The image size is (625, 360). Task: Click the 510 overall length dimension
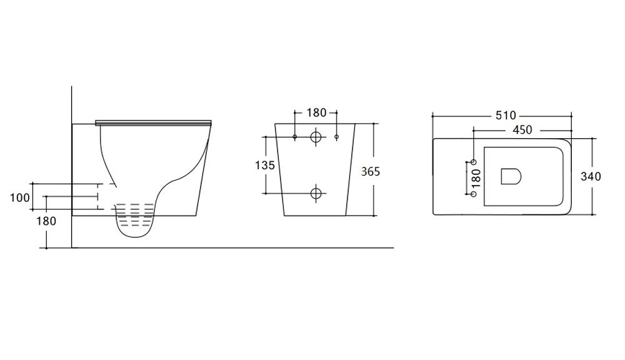pyautogui.click(x=506, y=116)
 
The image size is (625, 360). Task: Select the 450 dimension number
pyautogui.click(x=522, y=130)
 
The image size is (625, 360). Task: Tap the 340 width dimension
pyautogui.click(x=591, y=176)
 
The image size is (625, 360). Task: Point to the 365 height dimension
pyautogui.click(x=370, y=171)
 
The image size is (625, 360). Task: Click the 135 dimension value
pyautogui.click(x=264, y=165)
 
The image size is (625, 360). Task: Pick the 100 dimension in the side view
pyautogui.click(x=19, y=197)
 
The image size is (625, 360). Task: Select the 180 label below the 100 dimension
pyautogui.click(x=46, y=221)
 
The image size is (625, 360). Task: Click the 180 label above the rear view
pyautogui.click(x=316, y=113)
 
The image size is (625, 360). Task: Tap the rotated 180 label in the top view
pyautogui.click(x=476, y=177)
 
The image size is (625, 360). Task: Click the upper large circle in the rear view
pyautogui.click(x=316, y=137)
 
